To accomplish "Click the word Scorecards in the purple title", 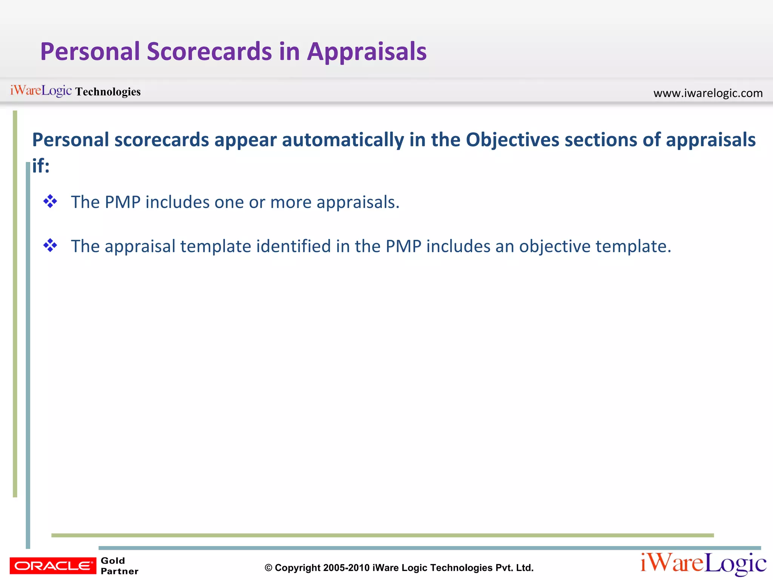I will coord(209,52).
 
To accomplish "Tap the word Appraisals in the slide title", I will coord(366,52).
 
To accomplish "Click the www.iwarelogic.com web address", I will coord(708,93).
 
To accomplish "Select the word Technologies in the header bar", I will coord(108,92).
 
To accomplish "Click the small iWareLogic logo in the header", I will coord(41,91).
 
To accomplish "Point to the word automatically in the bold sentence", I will coord(343,140).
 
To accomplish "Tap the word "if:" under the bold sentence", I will coord(41,166).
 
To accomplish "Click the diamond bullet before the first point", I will coord(50,201).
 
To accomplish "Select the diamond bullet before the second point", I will coord(50,245).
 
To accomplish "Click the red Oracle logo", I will coord(53,566).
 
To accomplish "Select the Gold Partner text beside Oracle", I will coord(119,566).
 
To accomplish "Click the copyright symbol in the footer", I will coord(268,568).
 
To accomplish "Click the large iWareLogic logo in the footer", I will coord(703,563).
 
